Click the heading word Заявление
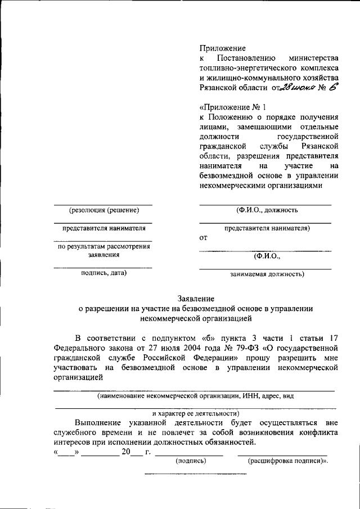(196, 299)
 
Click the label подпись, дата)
(103, 273)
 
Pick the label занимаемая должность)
(267, 274)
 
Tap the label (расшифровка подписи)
(287, 461)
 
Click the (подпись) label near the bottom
(191, 461)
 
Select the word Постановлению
(246, 58)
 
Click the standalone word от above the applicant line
(204, 238)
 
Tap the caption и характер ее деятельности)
(196, 413)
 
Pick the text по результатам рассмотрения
(103, 246)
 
